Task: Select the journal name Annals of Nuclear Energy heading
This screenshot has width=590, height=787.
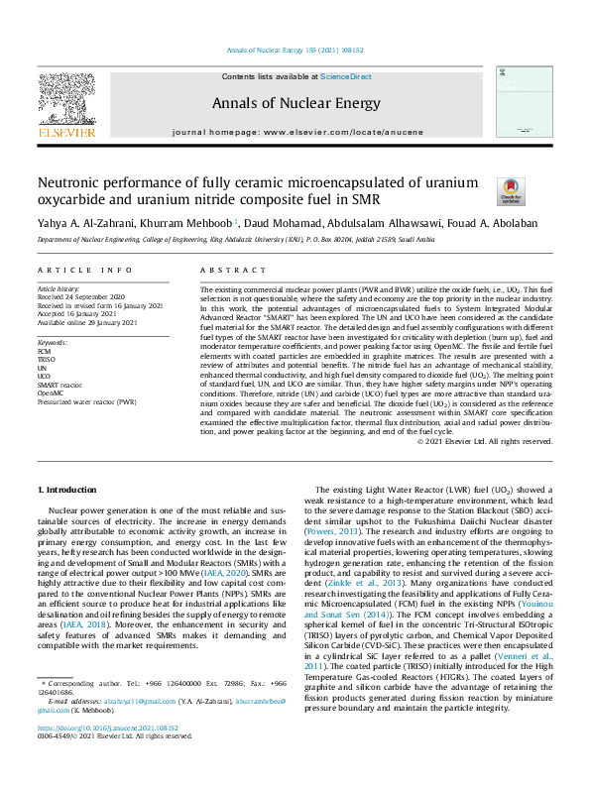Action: [x=295, y=102]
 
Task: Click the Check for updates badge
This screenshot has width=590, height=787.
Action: [x=510, y=191]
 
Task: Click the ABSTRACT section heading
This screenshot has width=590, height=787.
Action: [x=227, y=270]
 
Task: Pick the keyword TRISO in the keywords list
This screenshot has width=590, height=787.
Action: [x=48, y=358]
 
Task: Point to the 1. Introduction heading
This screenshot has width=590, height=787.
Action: [x=66, y=490]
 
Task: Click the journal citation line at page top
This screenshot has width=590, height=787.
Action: [x=295, y=53]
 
